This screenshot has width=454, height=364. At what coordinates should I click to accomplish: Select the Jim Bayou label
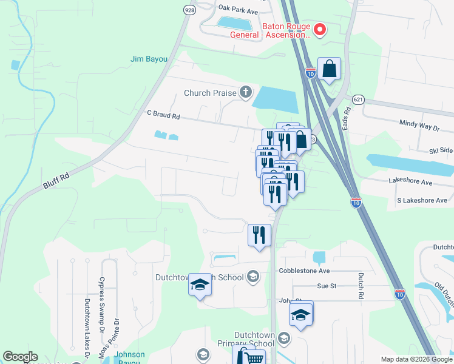click(x=148, y=59)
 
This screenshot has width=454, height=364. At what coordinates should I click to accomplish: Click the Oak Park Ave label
click(x=238, y=10)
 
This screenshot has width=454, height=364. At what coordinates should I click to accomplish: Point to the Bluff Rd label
click(x=57, y=180)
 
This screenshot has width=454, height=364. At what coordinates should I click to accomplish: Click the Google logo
click(x=19, y=357)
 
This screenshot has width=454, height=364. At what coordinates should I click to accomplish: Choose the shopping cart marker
click(x=250, y=357)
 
